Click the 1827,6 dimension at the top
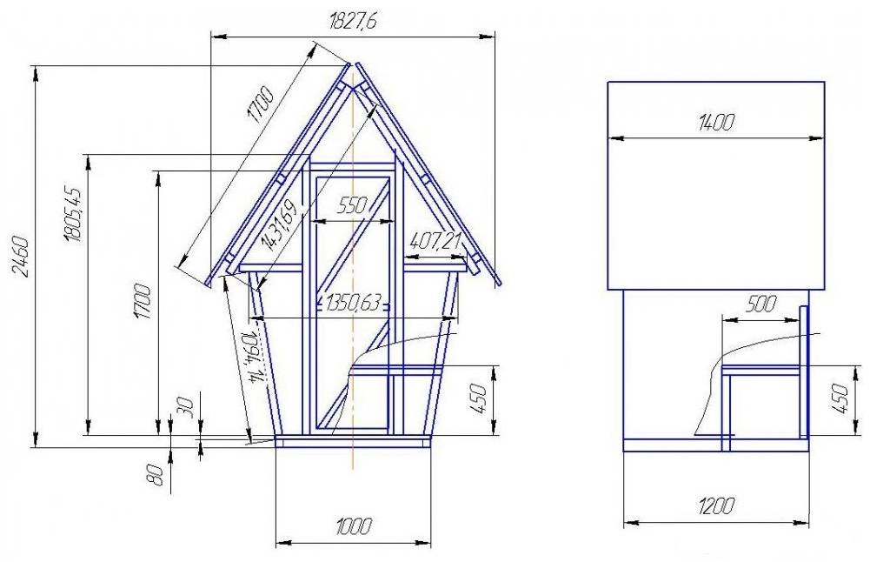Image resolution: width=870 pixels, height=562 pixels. pos(352,24)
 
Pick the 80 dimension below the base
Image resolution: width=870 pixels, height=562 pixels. pos(156,475)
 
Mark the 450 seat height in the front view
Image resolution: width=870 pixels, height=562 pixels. pos(477,399)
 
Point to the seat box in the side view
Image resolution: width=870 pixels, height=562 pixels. pos(762,402)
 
